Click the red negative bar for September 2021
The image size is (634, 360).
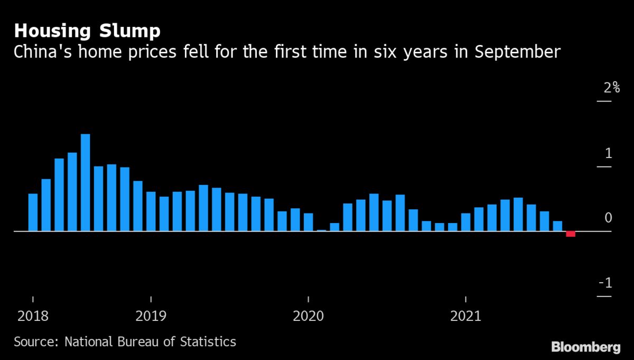coord(571,234)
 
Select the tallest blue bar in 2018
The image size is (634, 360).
coord(85,182)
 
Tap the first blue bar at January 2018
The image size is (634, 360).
coord(33,213)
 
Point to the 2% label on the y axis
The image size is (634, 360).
coord(611,88)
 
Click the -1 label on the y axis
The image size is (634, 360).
coord(605,283)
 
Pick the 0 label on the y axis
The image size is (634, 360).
coord(608,218)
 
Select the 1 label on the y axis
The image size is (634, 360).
coord(608,153)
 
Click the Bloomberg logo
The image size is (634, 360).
coord(585,347)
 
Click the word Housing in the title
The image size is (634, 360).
coord(50,31)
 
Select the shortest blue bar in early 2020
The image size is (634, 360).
coord(321,230)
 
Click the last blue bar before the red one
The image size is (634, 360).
coord(557,226)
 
